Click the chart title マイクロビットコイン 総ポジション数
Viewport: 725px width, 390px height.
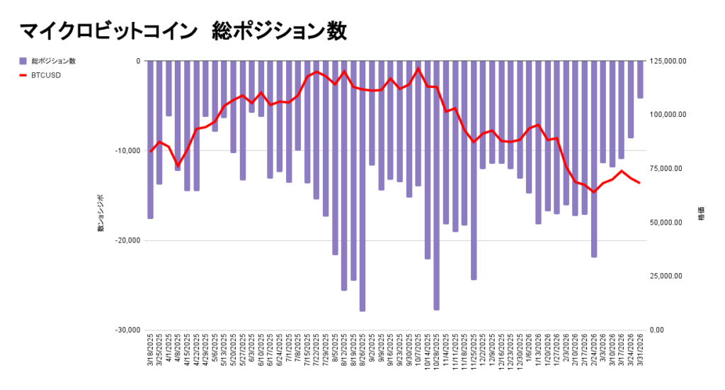183,32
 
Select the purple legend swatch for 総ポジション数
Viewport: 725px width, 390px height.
23,61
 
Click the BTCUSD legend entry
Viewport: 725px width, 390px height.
45,74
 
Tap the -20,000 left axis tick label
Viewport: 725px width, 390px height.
127,240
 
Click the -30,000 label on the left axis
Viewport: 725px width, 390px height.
127,330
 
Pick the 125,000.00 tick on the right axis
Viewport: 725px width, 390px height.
668,61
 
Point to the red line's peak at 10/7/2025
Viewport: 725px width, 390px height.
418,69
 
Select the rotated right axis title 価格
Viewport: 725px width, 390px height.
701,213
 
